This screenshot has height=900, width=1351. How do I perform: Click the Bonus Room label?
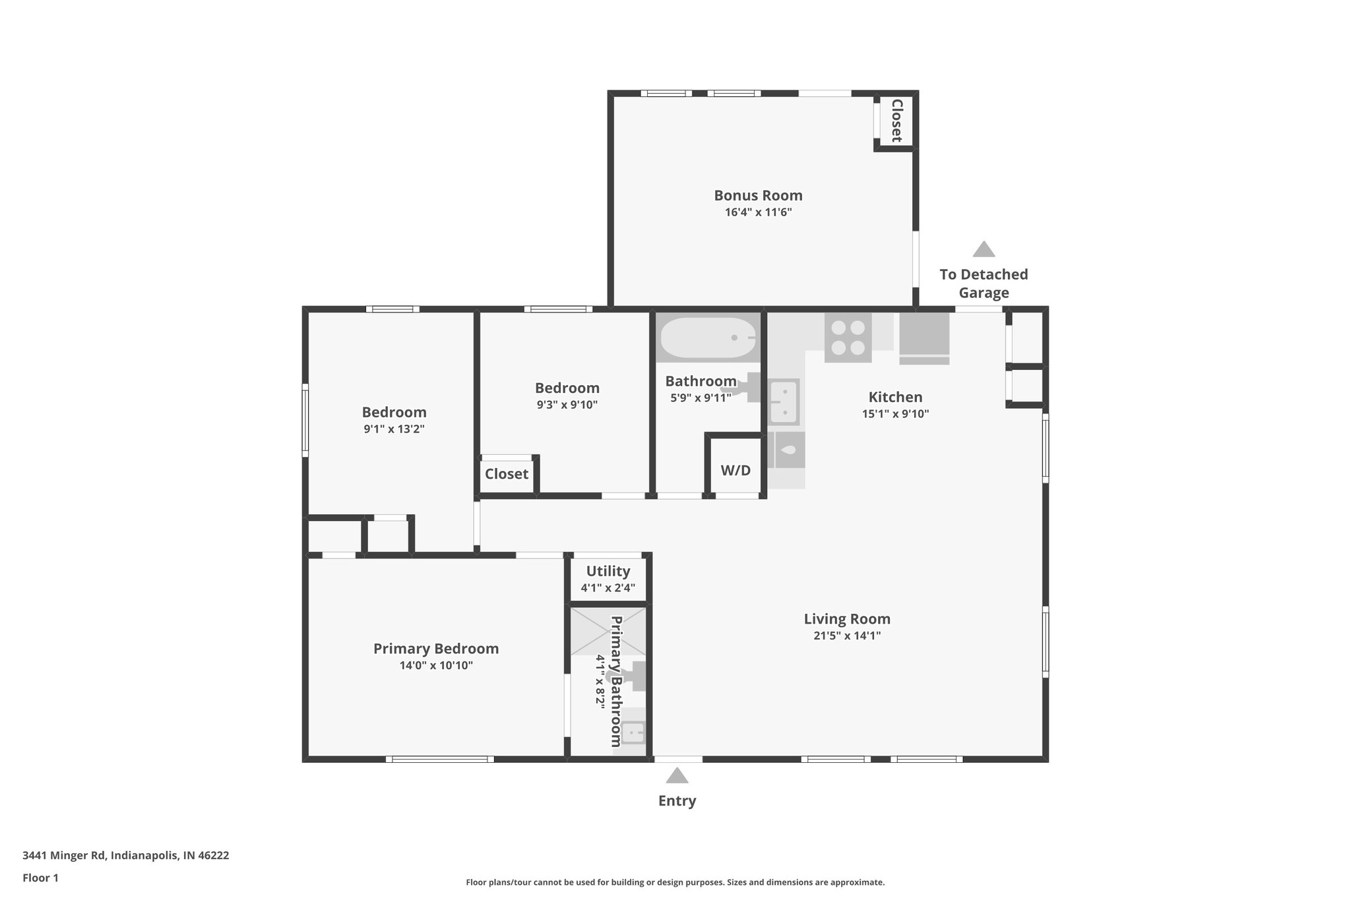click(758, 195)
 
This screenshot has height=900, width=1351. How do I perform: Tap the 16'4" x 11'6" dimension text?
click(758, 212)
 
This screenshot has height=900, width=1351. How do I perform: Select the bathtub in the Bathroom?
click(708, 338)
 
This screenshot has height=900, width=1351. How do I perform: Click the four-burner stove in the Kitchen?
click(848, 338)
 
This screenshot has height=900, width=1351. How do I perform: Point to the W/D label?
click(735, 470)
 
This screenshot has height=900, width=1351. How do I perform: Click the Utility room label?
click(608, 571)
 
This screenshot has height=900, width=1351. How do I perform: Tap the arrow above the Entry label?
click(677, 775)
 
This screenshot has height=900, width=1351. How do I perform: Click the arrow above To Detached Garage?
click(984, 249)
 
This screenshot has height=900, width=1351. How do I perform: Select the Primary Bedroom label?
click(436, 648)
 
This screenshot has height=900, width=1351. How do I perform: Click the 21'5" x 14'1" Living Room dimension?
click(847, 636)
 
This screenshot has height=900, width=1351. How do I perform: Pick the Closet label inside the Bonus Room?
click(896, 121)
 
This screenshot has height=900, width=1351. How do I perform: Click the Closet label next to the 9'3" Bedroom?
click(506, 473)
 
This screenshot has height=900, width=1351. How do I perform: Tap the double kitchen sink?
click(785, 402)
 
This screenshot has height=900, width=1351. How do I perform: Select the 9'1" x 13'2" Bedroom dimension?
click(394, 429)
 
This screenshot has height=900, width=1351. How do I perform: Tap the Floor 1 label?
click(40, 878)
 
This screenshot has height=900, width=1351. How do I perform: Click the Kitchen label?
click(895, 397)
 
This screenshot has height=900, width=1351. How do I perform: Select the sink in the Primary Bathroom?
click(633, 732)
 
